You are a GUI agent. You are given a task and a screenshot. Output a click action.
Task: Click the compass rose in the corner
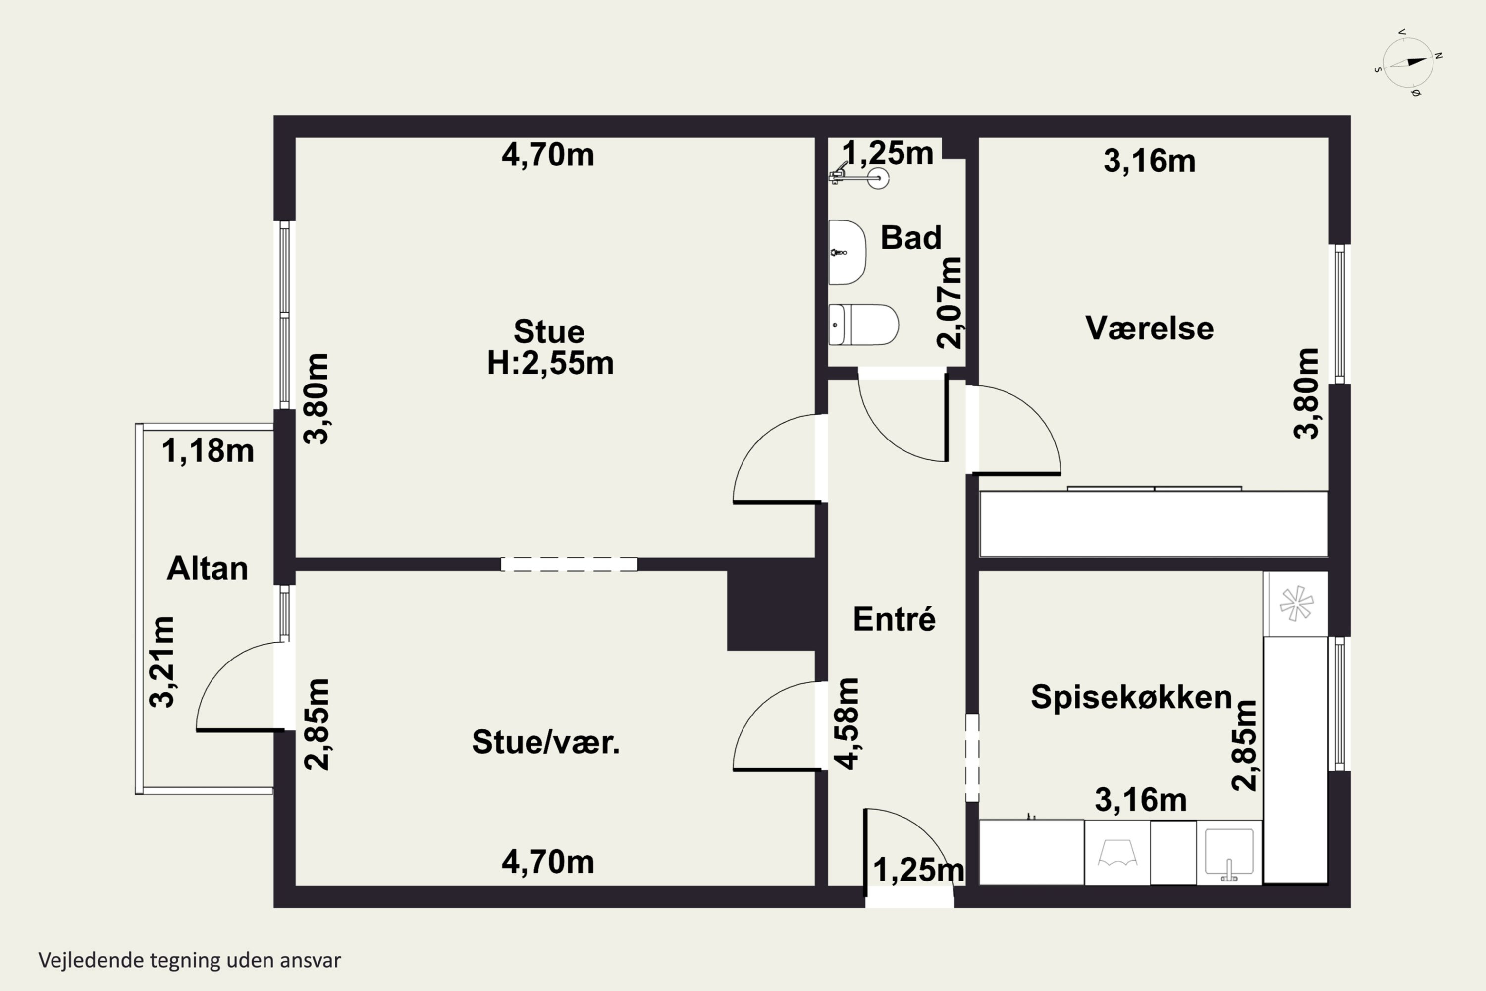point(1408,62)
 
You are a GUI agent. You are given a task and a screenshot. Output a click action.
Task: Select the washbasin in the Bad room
point(847,253)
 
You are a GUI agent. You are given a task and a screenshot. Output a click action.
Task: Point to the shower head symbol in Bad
point(859,175)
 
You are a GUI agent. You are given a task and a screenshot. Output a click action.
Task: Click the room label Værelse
point(1149,329)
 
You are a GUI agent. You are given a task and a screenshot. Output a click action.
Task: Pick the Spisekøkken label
point(1131,698)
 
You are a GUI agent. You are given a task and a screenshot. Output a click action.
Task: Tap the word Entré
point(894,619)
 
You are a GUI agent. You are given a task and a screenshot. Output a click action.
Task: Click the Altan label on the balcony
point(207,569)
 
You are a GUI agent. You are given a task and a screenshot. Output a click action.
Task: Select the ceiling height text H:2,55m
point(550,363)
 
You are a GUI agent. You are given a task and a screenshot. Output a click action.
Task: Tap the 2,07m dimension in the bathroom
point(949,303)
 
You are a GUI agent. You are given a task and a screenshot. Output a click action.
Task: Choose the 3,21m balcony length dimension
point(162,661)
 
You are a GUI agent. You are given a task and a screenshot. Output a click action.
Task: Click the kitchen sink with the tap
point(1229,853)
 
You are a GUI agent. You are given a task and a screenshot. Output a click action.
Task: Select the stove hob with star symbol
point(1296,604)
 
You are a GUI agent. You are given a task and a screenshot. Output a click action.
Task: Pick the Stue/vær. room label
point(546,742)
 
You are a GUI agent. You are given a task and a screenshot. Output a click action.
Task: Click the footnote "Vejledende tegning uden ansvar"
point(190,961)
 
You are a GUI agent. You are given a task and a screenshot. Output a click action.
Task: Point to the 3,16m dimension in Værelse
point(1150,161)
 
